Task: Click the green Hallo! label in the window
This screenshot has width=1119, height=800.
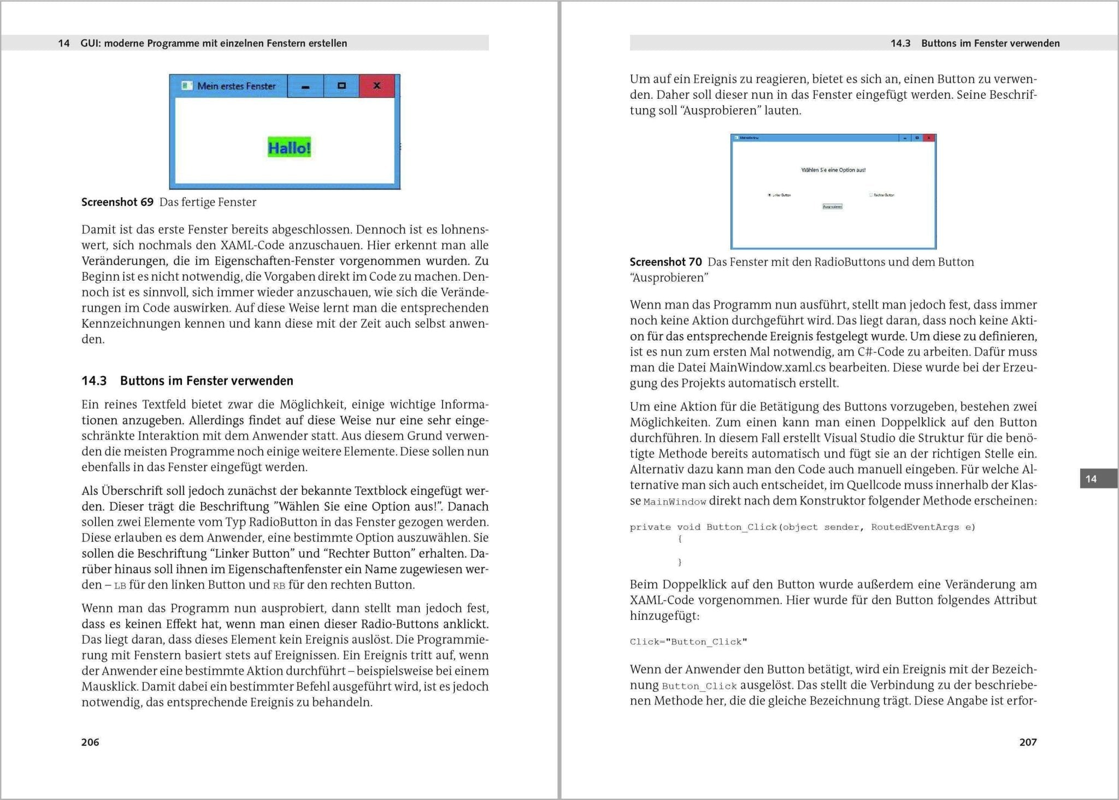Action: [x=289, y=147]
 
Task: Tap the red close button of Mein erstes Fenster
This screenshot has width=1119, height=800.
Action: [x=376, y=86]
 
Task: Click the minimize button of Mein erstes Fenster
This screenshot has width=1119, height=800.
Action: [x=305, y=86]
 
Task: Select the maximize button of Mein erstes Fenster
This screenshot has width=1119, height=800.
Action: [x=341, y=86]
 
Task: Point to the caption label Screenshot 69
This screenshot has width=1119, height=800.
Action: [x=117, y=202]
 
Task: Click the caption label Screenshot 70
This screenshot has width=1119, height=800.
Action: [x=665, y=262]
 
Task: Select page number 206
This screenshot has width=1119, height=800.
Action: [x=90, y=742]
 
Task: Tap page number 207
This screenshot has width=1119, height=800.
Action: [x=1028, y=742]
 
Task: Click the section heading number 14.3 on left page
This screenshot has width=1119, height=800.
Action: [x=94, y=381]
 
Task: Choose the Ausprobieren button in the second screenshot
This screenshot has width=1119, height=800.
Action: [x=832, y=206]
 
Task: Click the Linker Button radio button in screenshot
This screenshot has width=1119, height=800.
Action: [x=770, y=195]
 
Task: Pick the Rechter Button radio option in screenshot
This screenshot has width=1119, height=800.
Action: [x=871, y=195]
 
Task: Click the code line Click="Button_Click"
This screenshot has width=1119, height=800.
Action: [x=688, y=642]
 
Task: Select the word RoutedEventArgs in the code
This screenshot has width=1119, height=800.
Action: [x=915, y=527]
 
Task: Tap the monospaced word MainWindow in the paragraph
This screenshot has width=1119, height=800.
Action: [x=674, y=501]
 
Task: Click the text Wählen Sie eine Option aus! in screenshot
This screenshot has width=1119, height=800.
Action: [x=833, y=170]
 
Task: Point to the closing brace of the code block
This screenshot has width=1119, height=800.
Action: [x=680, y=562]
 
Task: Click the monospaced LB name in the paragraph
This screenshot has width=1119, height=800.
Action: [x=120, y=585]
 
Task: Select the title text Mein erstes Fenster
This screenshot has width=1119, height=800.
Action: [x=236, y=86]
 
